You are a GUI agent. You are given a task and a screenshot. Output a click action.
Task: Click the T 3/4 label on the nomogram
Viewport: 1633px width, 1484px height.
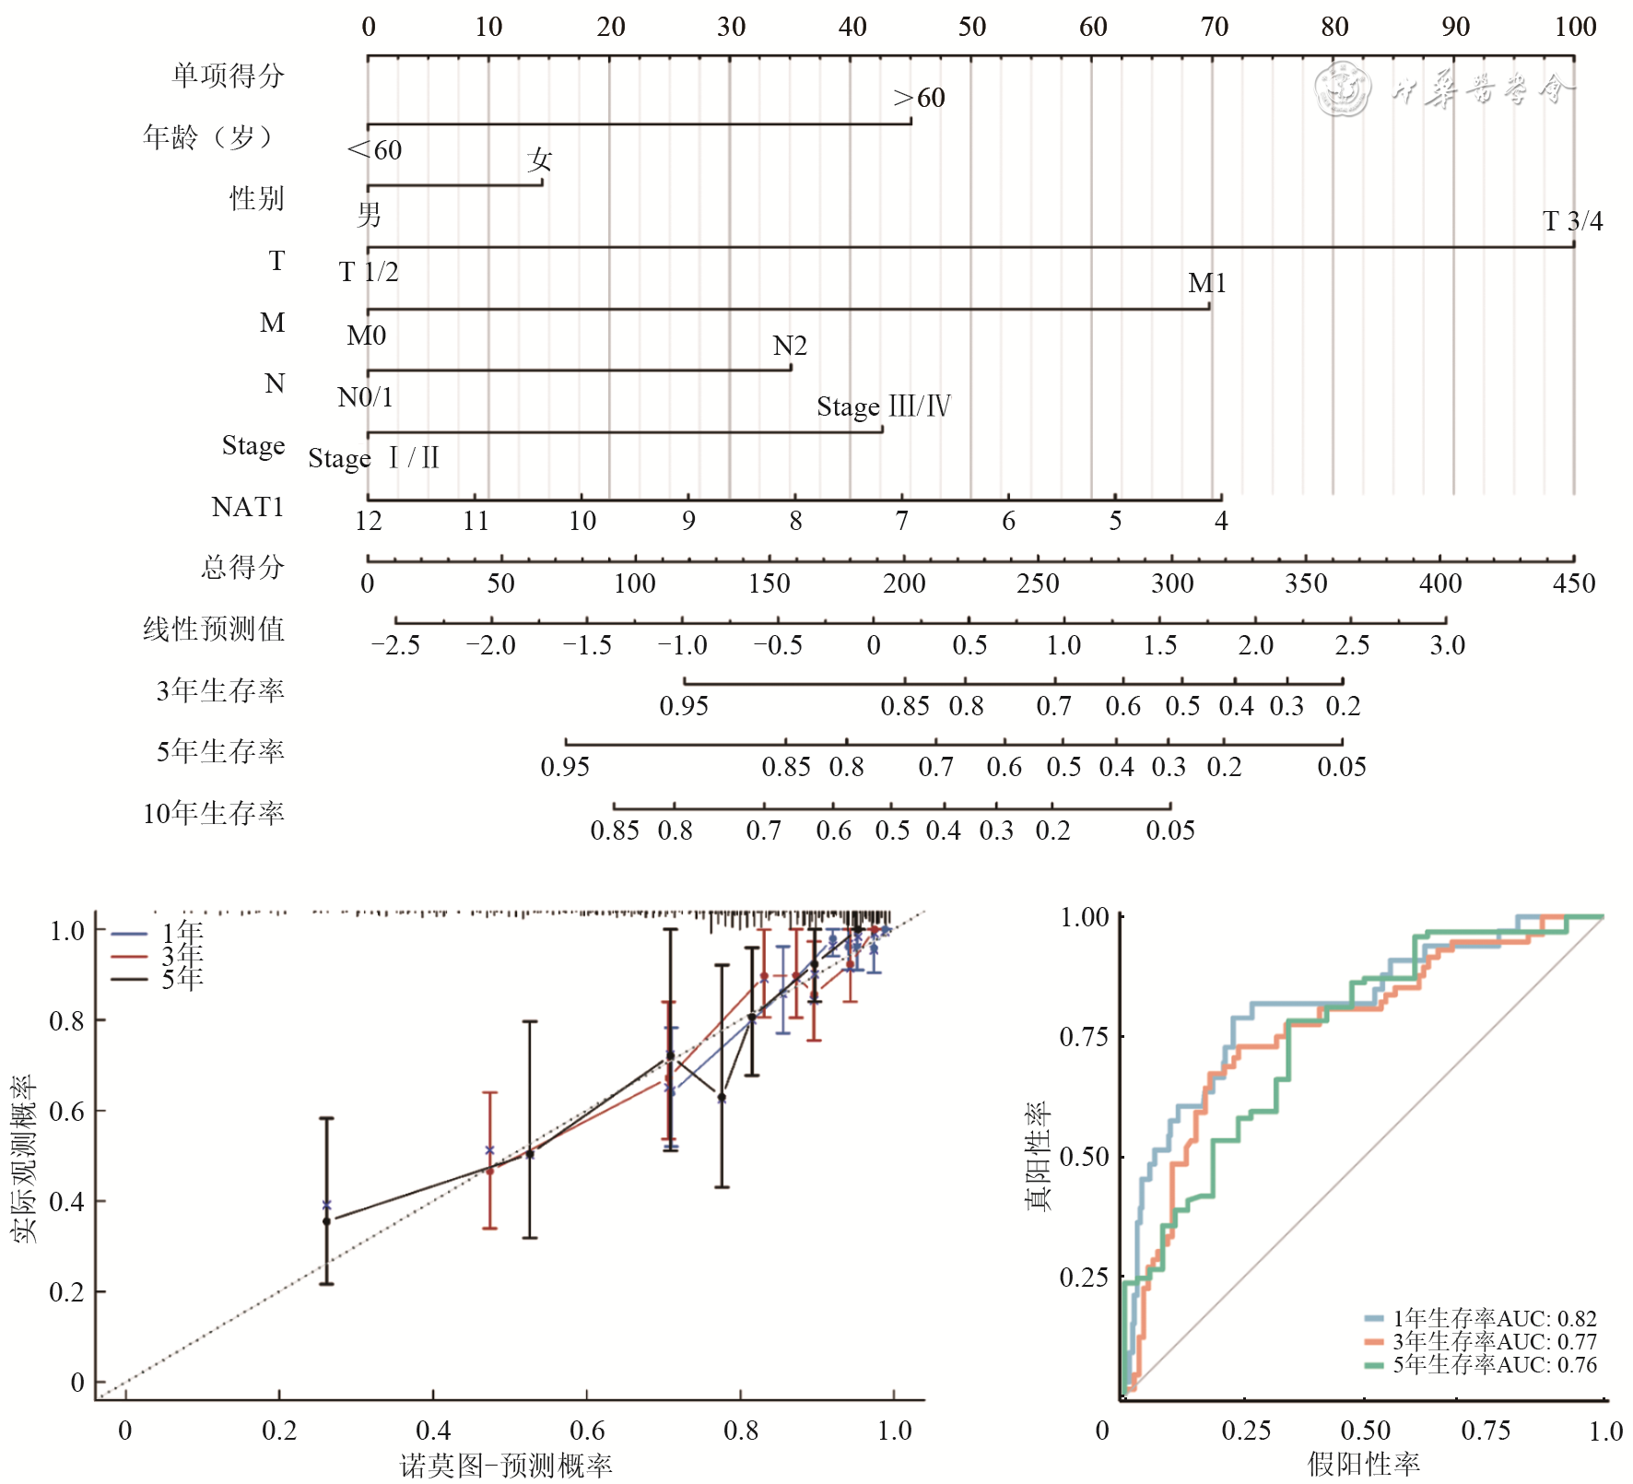pyautogui.click(x=1572, y=221)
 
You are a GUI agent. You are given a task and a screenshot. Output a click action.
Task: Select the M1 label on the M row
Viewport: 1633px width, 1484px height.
pyautogui.click(x=1206, y=283)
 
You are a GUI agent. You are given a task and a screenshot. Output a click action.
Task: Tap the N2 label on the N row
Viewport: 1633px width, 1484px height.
pyautogui.click(x=790, y=346)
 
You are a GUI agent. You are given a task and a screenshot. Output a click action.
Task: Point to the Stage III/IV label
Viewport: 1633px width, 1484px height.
pyautogui.click(x=883, y=406)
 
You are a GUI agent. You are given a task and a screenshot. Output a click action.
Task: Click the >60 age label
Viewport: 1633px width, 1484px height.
pyautogui.click(x=919, y=98)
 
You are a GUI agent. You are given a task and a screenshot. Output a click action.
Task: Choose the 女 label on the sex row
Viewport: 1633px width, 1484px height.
pyautogui.click(x=539, y=160)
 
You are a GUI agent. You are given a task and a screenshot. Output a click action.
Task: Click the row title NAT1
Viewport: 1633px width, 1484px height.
pyautogui.click(x=247, y=507)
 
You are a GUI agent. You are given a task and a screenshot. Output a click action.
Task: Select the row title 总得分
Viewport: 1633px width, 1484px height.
pyautogui.click(x=242, y=567)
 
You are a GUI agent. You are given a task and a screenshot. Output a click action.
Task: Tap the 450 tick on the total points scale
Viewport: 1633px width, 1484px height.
pyautogui.click(x=1573, y=583)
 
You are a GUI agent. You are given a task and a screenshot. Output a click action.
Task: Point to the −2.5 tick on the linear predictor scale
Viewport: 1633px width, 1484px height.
pyautogui.click(x=395, y=645)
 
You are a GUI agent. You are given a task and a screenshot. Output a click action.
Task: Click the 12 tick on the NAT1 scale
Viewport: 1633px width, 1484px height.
pyautogui.click(x=368, y=522)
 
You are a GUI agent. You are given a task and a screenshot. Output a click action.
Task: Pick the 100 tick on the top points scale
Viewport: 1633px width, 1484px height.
pyautogui.click(x=1575, y=27)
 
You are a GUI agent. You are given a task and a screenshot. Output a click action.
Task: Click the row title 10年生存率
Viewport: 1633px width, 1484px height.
pyautogui.click(x=214, y=813)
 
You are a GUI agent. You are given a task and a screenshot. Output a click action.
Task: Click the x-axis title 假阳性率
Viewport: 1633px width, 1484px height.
pyautogui.click(x=1363, y=1464)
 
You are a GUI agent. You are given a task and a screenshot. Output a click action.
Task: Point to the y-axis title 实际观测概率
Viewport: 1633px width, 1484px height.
pyautogui.click(x=25, y=1158)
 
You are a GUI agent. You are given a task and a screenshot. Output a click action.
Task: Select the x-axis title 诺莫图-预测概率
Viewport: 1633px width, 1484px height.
pyautogui.click(x=506, y=1466)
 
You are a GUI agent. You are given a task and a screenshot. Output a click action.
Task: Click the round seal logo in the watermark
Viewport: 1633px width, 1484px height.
pyautogui.click(x=1343, y=89)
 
